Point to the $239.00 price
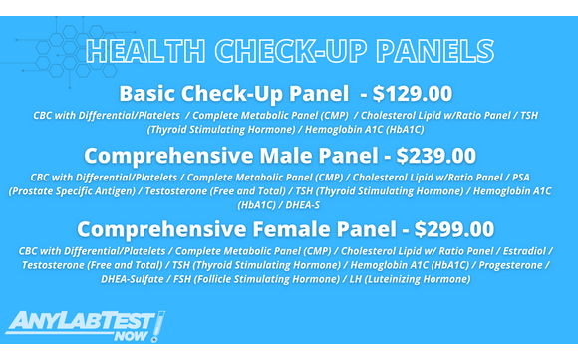(436, 157)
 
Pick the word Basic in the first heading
(150, 95)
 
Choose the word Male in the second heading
(287, 157)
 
